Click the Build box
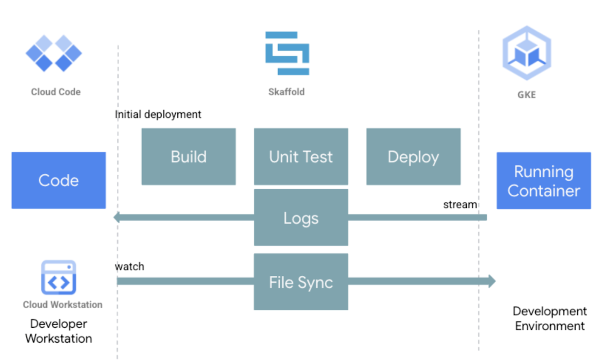[188, 156]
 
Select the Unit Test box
[301, 156]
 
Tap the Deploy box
[413, 156]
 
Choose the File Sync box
[301, 282]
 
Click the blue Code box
[59, 180]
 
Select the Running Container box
[543, 181]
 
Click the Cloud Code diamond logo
[54, 53]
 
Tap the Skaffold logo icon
[287, 53]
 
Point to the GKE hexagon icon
[527, 53]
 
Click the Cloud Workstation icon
[59, 277]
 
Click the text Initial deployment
[158, 114]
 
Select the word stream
[460, 205]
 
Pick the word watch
[130, 267]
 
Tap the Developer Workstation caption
[59, 331]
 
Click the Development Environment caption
[549, 318]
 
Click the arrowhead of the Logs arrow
[117, 217]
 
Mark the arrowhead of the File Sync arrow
[492, 281]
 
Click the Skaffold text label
[286, 92]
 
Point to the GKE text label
[526, 95]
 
